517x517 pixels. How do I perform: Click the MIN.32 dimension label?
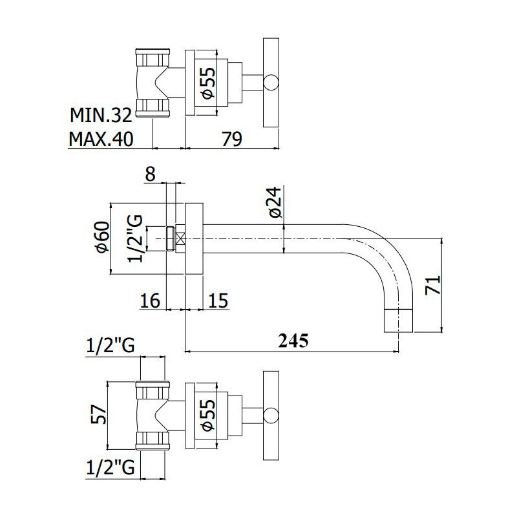tap(101, 115)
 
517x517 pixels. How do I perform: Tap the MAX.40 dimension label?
tap(101, 138)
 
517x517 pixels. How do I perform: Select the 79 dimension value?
tap(232, 138)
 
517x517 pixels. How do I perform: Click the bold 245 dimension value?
tap(293, 341)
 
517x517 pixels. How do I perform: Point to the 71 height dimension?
tap(433, 284)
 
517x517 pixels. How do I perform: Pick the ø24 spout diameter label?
tap(276, 202)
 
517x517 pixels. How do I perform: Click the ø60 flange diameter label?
tap(103, 237)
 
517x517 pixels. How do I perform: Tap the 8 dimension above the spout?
tap(150, 174)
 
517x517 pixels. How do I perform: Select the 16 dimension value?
tap(150, 301)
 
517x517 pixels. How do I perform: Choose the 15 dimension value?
tap(218, 301)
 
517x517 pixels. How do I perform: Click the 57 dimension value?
tap(99, 414)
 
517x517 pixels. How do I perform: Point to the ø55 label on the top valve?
tap(207, 83)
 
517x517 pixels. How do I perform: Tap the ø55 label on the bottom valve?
tap(207, 415)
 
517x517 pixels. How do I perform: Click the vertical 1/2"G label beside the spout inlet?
tap(136, 238)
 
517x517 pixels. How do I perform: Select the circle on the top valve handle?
tap(271, 83)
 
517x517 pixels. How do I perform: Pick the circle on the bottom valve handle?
tap(271, 416)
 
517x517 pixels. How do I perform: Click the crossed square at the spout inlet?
tap(180, 239)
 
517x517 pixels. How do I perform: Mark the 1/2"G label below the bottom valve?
tap(111, 467)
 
